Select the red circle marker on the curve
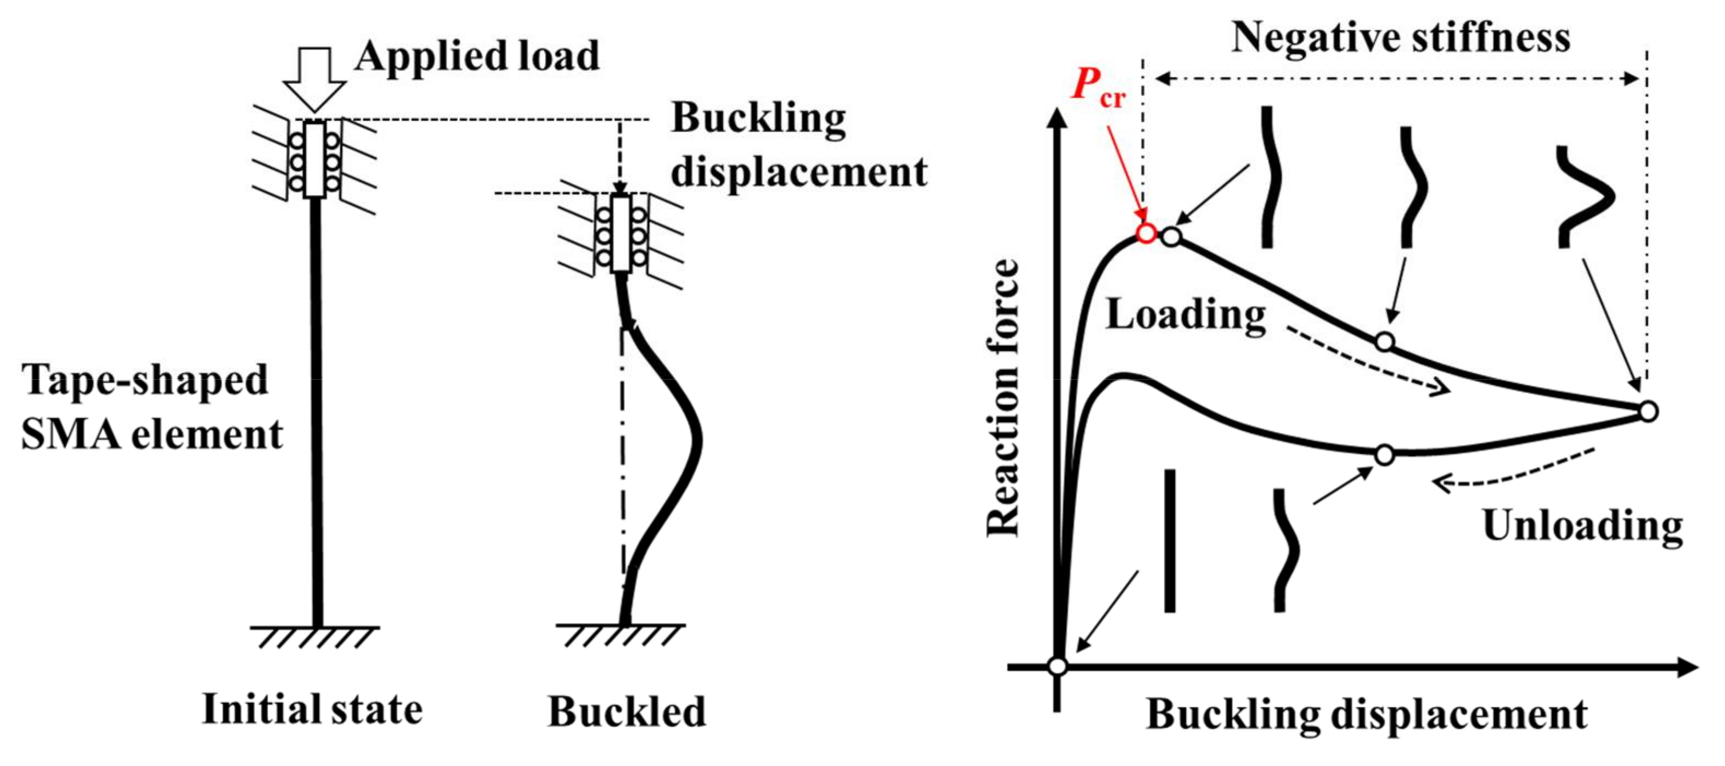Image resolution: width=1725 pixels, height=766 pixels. (1146, 233)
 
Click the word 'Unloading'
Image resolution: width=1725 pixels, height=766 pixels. (1582, 526)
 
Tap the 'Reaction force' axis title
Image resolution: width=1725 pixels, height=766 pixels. (1003, 398)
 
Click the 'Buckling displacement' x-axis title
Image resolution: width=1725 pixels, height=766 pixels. (1366, 714)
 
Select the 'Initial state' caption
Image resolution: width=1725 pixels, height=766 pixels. (312, 709)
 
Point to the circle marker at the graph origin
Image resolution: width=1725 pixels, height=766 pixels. (1057, 666)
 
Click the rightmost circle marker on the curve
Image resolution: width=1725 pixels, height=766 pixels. (1648, 411)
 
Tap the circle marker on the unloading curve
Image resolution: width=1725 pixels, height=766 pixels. (1384, 455)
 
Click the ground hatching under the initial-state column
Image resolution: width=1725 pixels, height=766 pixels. (315, 638)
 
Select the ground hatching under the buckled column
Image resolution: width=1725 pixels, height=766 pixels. (620, 635)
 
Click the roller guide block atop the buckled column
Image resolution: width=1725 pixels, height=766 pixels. (621, 234)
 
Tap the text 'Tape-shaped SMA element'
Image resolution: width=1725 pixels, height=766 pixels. (151, 407)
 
